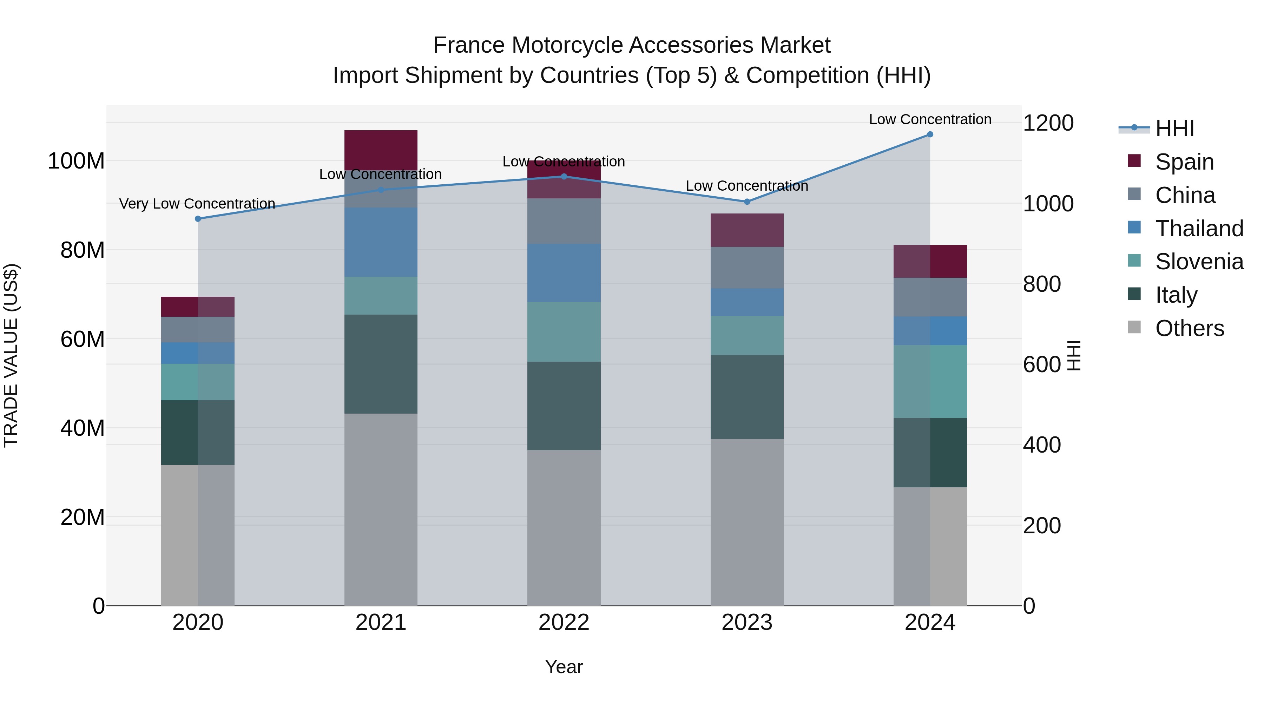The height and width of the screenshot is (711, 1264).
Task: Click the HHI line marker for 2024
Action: pos(930,134)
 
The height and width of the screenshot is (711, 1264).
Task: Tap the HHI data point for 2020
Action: pos(198,219)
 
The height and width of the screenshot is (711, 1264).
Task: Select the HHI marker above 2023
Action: pos(747,202)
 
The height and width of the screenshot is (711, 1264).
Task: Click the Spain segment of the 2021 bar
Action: pos(381,150)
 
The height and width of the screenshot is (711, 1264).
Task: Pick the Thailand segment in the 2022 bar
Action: pos(564,273)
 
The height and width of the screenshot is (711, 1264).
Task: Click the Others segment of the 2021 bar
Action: pos(381,509)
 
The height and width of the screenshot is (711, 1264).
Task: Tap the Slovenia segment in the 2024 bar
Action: pos(930,381)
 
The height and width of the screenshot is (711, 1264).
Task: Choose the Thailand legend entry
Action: pos(1199,229)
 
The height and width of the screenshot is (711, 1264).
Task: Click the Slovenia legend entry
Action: pos(1199,262)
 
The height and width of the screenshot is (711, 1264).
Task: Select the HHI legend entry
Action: pos(1174,129)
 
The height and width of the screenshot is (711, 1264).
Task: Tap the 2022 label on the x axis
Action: pos(564,623)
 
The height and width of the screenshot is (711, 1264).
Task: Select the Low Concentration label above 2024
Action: pos(930,120)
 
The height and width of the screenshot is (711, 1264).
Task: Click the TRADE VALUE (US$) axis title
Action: pos(11,355)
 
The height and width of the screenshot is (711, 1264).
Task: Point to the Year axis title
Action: pos(564,667)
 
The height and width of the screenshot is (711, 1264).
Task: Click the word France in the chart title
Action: pos(469,46)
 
